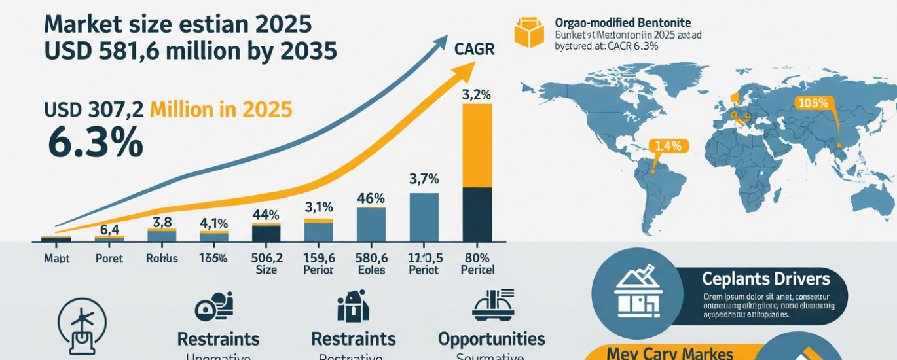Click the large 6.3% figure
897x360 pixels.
click(x=95, y=142)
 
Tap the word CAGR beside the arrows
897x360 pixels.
click(x=475, y=49)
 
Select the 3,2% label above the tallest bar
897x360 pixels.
click(x=477, y=94)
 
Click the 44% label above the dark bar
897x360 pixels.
click(x=266, y=215)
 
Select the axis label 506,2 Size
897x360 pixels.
click(x=266, y=263)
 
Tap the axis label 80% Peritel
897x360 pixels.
click(x=477, y=263)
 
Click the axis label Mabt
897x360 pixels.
click(x=56, y=259)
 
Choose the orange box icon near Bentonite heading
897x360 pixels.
click(x=529, y=33)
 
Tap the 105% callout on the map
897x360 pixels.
click(x=813, y=103)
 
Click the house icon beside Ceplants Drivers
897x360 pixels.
click(x=638, y=291)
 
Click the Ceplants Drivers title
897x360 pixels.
click(x=765, y=279)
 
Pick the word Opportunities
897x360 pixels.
click(x=491, y=339)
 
